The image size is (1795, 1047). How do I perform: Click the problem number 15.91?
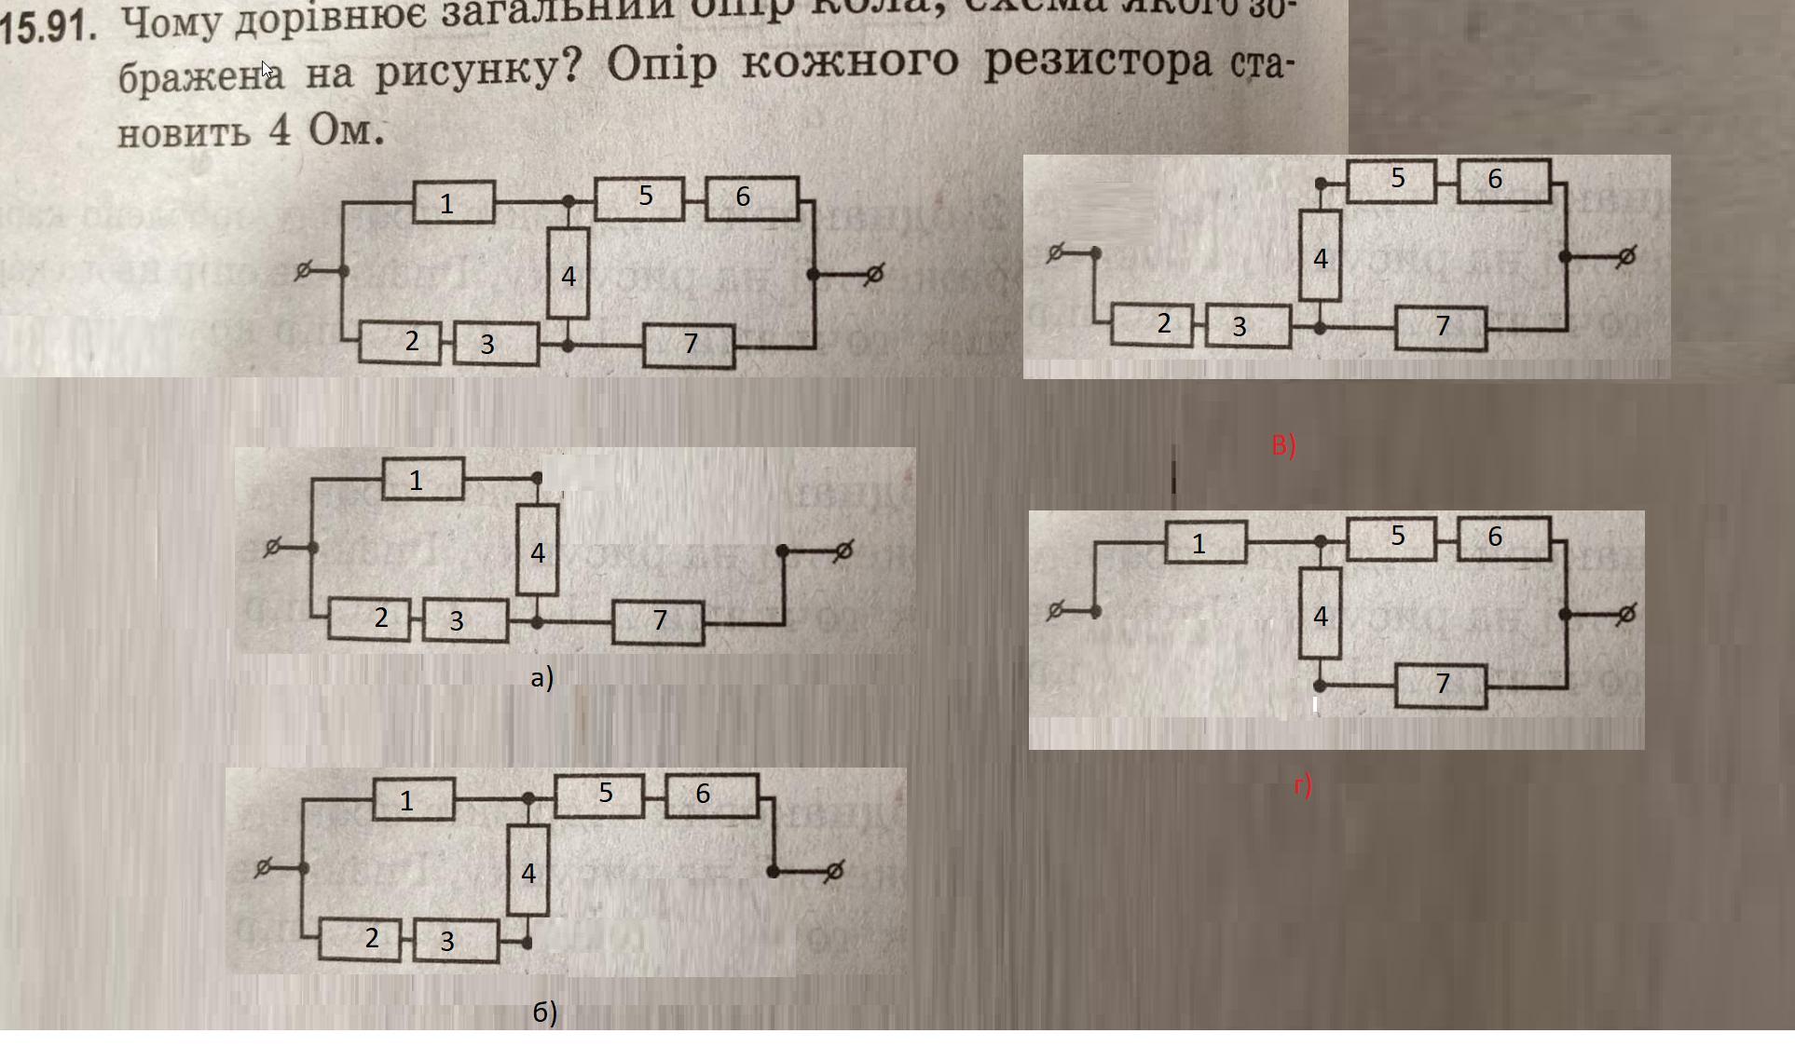click(48, 26)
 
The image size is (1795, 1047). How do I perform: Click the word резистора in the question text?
click(1099, 62)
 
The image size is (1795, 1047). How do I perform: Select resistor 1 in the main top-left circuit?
click(453, 202)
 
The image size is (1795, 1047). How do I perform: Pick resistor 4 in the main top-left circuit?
click(569, 274)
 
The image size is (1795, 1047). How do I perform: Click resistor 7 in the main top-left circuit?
click(689, 344)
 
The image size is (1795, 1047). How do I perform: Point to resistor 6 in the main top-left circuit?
click(751, 197)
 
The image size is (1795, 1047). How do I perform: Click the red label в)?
click(1283, 445)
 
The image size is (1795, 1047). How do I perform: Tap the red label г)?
click(1302, 785)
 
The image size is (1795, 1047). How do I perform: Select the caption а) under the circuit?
click(541, 677)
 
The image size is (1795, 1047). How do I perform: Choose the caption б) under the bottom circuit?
click(544, 1012)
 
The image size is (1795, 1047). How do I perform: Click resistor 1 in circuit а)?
click(422, 480)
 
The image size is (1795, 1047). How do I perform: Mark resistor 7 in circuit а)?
click(658, 621)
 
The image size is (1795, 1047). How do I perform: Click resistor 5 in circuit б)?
click(599, 794)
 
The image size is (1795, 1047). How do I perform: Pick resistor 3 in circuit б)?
click(456, 941)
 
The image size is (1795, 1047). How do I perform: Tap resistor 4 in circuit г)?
click(1320, 616)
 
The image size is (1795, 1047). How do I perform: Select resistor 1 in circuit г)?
click(1205, 543)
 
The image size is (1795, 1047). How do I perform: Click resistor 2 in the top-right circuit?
click(1152, 324)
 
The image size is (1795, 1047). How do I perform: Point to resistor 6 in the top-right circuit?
click(1503, 179)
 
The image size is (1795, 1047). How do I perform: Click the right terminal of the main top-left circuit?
click(873, 274)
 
